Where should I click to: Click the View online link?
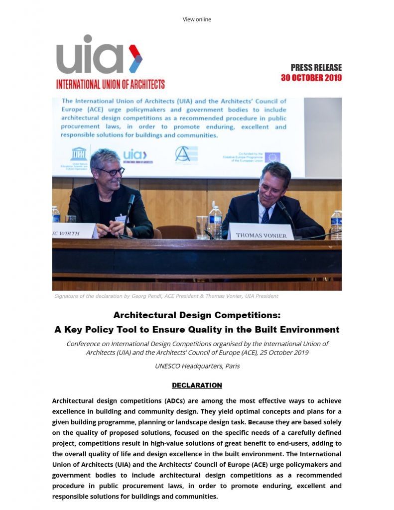coord(197,19)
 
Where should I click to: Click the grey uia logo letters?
coord(90,55)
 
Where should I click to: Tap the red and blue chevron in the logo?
coord(135,58)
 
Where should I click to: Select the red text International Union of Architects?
coord(110,84)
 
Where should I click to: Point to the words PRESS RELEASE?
coord(316,68)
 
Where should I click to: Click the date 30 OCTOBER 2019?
coord(311,78)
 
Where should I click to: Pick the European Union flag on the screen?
coord(272,157)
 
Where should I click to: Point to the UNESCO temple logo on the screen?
coord(79,153)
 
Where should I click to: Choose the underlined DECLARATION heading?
coord(197,385)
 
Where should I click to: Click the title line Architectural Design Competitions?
coord(197,315)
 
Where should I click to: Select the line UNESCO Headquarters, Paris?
coord(197,366)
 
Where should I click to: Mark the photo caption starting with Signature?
coord(166,296)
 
